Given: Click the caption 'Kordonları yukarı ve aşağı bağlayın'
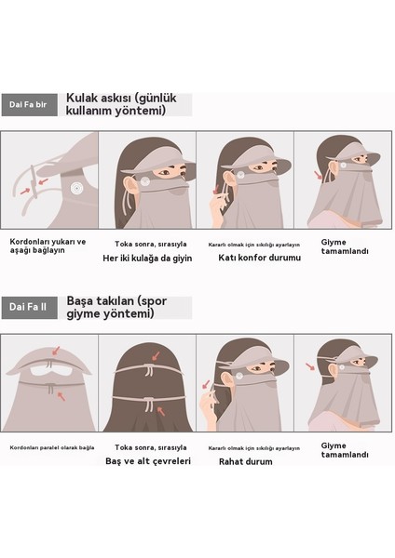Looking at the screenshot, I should [47, 245].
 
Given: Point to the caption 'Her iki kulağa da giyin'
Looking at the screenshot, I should [148, 258].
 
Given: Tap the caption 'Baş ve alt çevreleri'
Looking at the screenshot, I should [148, 460].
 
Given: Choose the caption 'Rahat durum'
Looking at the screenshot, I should [245, 460].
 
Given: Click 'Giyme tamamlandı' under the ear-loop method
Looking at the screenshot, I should [342, 246].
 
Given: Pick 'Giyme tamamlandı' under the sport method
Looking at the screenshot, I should [342, 450].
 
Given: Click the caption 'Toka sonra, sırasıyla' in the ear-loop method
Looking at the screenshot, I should [147, 241].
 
